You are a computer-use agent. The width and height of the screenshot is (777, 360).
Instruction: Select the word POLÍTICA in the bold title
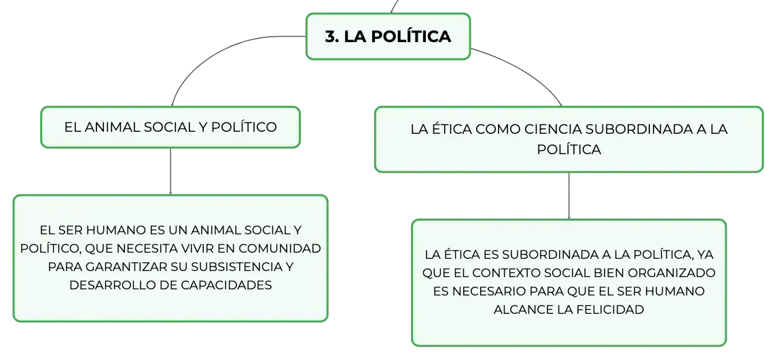click(x=411, y=37)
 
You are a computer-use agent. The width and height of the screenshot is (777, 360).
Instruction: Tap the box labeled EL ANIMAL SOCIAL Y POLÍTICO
click(x=170, y=127)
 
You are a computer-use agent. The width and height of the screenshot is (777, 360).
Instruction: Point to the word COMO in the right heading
click(x=497, y=130)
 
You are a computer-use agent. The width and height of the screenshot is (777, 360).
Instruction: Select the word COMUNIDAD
click(x=283, y=248)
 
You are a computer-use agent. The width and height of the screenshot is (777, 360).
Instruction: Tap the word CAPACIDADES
click(x=234, y=285)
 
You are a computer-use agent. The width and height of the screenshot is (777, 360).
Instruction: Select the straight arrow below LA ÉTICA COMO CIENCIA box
click(x=569, y=196)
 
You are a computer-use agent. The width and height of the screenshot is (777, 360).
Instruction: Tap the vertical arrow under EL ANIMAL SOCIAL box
click(x=170, y=171)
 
